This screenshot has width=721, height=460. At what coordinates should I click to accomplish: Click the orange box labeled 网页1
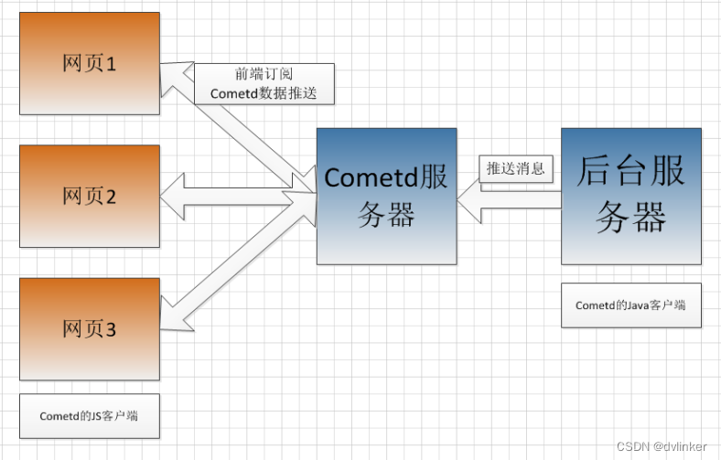pyautogui.click(x=89, y=63)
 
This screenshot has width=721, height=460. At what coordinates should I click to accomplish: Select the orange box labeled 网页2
pyautogui.click(x=89, y=196)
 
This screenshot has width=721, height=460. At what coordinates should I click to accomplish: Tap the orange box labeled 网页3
pyautogui.click(x=89, y=328)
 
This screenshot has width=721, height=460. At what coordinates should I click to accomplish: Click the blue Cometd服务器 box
pyautogui.click(x=386, y=196)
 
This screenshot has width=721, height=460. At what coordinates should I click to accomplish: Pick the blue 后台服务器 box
pyautogui.click(x=630, y=196)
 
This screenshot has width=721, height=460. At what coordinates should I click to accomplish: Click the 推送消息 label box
pyautogui.click(x=516, y=168)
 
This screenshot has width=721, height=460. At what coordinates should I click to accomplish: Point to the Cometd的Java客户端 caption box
pyautogui.click(x=630, y=305)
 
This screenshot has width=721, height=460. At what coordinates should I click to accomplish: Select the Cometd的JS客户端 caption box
pyautogui.click(x=89, y=415)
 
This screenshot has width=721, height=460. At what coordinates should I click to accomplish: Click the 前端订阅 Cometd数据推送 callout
pyautogui.click(x=264, y=84)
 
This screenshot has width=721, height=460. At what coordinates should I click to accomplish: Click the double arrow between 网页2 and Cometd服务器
pyautogui.click(x=238, y=197)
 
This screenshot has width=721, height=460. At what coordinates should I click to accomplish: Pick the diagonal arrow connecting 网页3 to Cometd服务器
pyautogui.click(x=238, y=265)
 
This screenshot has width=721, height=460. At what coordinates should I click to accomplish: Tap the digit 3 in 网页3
pyautogui.click(x=112, y=329)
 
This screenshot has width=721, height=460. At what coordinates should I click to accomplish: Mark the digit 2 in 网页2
pyautogui.click(x=112, y=197)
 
